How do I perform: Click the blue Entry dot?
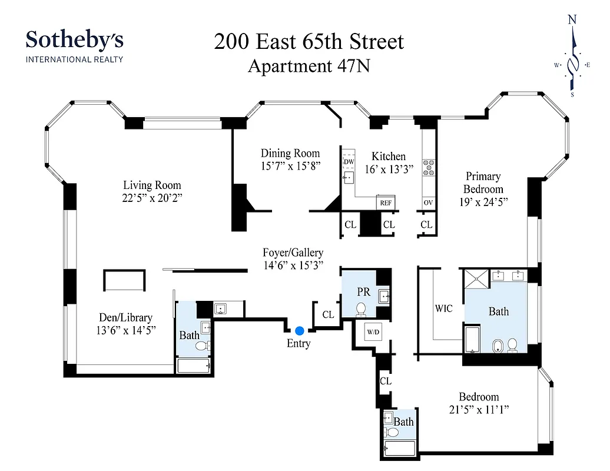click(300, 331)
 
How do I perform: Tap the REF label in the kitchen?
click(386, 203)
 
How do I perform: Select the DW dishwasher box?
click(349, 161)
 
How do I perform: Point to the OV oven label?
click(428, 203)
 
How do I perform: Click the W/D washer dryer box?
click(373, 331)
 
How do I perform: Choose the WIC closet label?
click(443, 309)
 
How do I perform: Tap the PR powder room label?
click(363, 291)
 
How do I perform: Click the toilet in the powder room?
click(362, 308)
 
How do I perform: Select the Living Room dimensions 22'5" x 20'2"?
click(152, 198)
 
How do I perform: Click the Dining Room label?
click(290, 153)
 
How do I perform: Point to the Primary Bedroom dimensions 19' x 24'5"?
click(483, 201)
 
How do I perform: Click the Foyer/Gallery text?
click(293, 253)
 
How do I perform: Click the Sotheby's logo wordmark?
click(74, 40)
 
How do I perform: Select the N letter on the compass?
click(571, 19)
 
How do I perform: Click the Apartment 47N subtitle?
click(309, 66)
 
